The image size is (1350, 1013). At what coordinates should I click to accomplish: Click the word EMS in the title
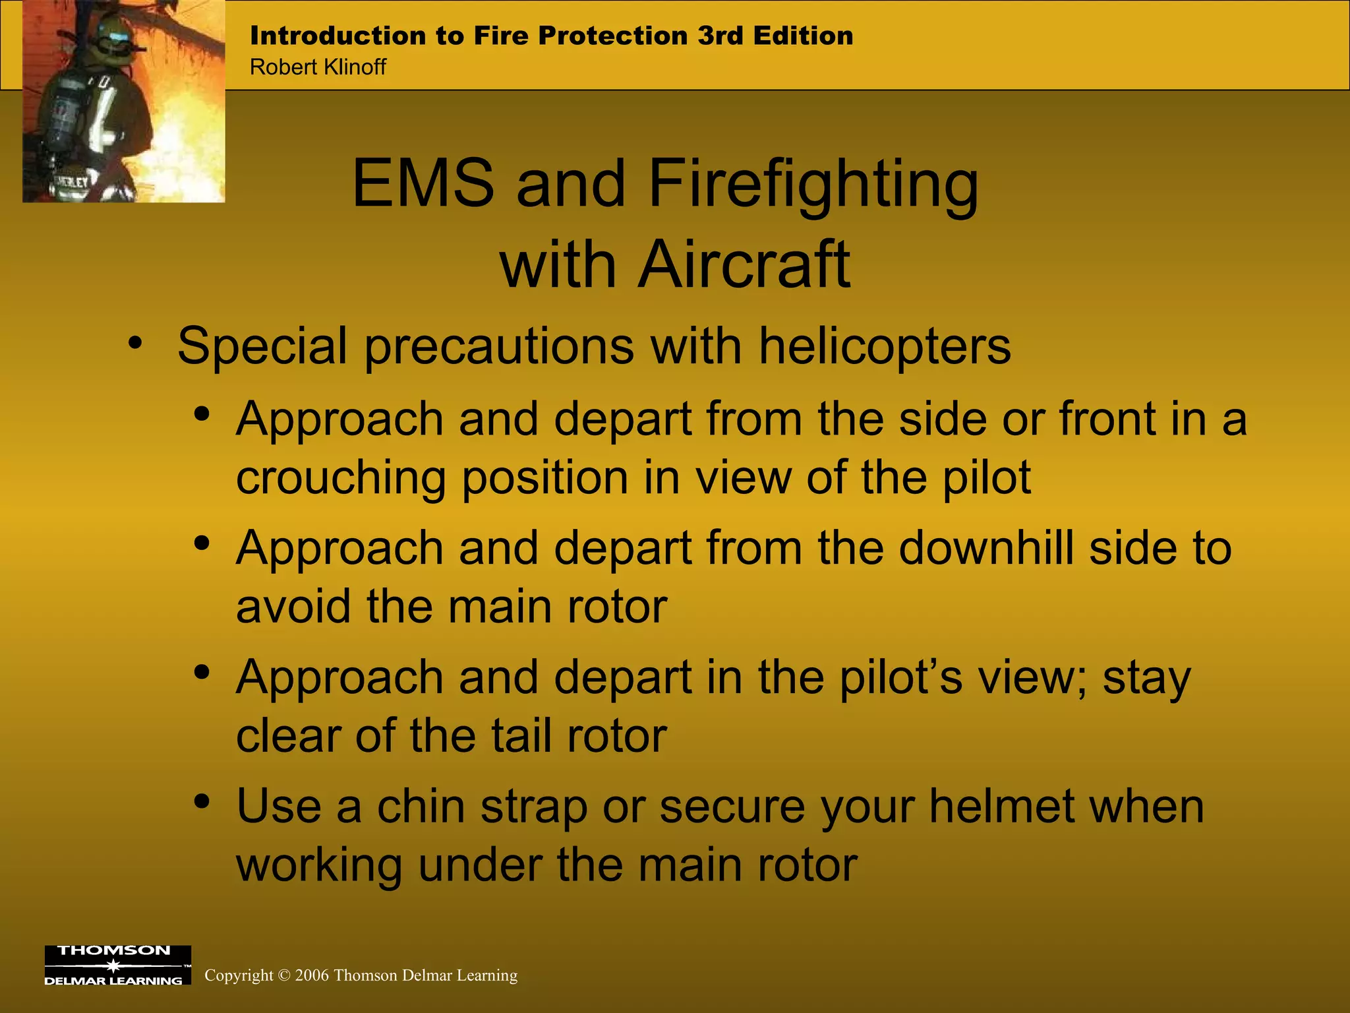tap(423, 184)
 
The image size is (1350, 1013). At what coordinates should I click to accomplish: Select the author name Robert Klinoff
tap(318, 67)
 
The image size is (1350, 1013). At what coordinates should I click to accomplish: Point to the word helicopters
tap(884, 346)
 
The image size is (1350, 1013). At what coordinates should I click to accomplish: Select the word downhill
tap(985, 548)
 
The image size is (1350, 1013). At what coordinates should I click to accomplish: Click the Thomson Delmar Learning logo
tap(117, 965)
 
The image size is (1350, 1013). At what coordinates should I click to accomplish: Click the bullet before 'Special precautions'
tap(135, 343)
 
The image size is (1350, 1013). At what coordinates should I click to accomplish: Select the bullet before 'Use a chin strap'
tap(202, 801)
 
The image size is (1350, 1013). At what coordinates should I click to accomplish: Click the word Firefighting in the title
tap(813, 184)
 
